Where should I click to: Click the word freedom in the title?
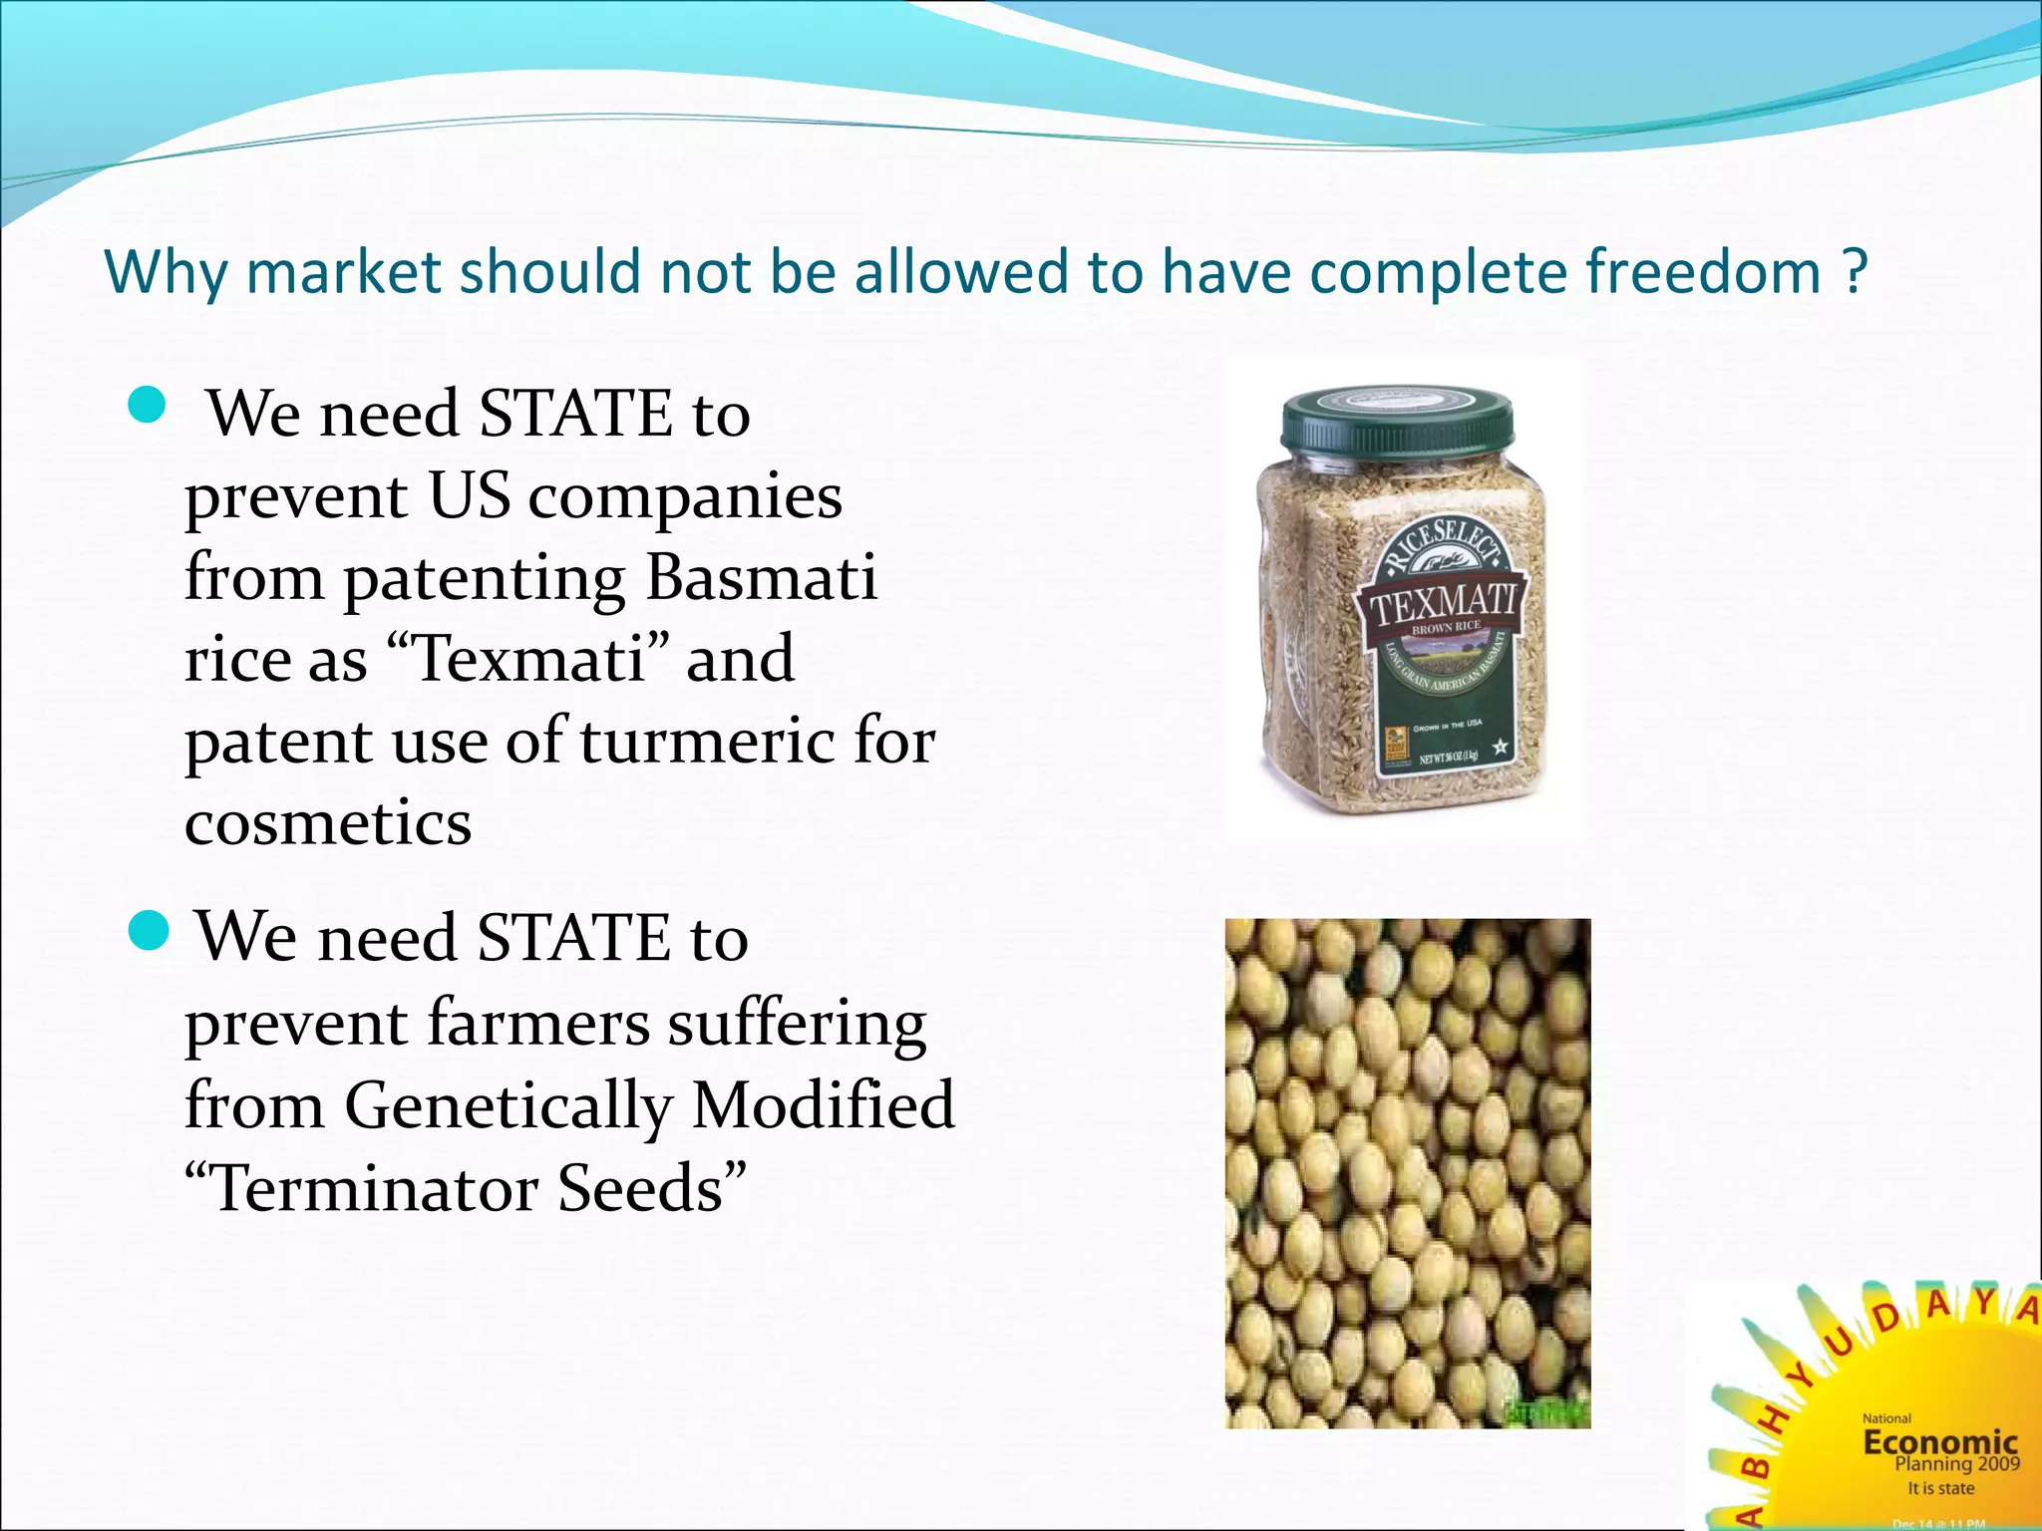(x=1703, y=271)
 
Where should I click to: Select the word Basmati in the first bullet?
(x=762, y=577)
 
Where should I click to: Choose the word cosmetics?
(x=328, y=823)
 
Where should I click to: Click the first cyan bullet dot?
(x=148, y=406)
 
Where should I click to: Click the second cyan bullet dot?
(x=150, y=931)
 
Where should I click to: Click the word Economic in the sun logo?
(x=1939, y=1441)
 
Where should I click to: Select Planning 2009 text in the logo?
(x=1956, y=1464)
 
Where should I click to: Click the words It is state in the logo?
(x=1940, y=1488)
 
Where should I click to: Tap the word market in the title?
(x=343, y=271)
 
